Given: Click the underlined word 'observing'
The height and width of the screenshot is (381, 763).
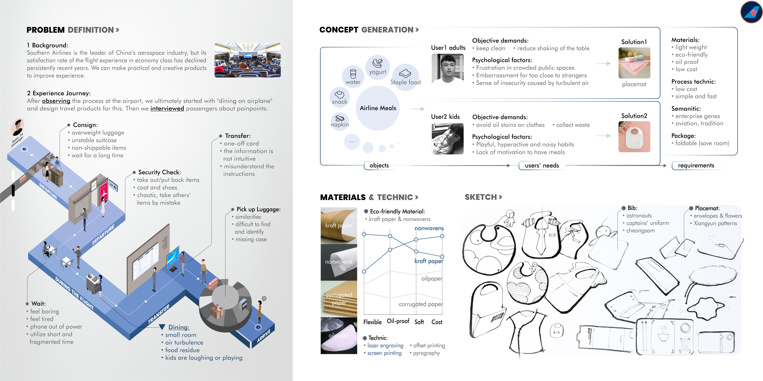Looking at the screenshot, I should click(x=56, y=101).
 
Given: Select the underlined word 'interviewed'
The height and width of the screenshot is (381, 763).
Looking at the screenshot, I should click(x=167, y=109).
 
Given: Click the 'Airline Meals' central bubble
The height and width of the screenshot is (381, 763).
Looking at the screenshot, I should click(x=378, y=108).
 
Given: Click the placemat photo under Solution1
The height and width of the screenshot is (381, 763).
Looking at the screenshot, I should click(x=634, y=63).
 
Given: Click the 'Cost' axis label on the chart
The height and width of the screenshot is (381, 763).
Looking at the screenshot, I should click(x=437, y=322).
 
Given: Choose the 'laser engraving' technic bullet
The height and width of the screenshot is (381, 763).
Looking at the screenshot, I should click(x=385, y=346).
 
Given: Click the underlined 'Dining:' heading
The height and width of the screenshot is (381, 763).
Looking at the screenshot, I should click(x=179, y=327).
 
